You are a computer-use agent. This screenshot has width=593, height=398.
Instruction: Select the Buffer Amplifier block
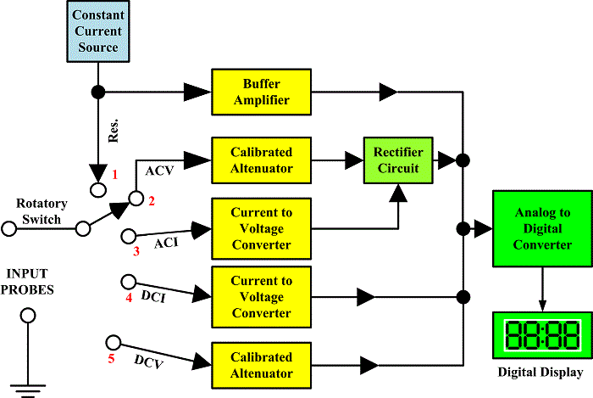(x=261, y=92)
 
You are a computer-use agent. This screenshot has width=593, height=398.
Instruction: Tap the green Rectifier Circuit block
(x=397, y=159)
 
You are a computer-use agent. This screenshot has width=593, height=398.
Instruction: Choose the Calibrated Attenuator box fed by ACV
(x=261, y=160)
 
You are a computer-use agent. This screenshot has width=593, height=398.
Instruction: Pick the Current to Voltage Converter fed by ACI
(x=261, y=228)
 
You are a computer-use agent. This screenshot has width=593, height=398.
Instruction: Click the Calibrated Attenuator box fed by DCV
(x=261, y=365)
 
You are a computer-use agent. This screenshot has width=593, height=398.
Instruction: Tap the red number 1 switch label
(x=117, y=175)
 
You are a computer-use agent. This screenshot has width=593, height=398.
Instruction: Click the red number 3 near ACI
(x=135, y=252)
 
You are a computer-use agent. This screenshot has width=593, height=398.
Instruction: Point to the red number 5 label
(x=110, y=357)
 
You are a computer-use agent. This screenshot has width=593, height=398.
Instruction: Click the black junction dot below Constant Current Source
(x=97, y=90)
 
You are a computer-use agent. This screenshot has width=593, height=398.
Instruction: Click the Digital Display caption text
(x=539, y=373)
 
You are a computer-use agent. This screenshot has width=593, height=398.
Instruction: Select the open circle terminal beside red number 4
(x=129, y=280)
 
